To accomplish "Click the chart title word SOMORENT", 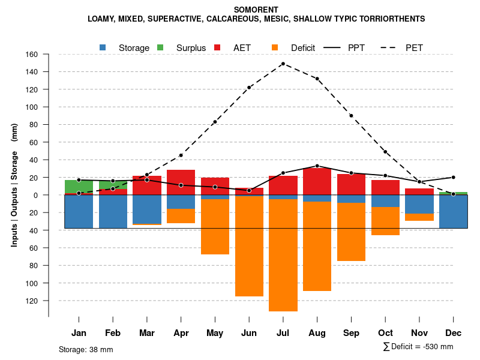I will (x=256, y=10).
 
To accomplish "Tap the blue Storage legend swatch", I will (x=103, y=47).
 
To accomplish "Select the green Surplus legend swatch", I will (x=160, y=47).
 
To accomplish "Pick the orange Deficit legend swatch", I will (x=275, y=47).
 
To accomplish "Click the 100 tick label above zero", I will (x=31, y=107).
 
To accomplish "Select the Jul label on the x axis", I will (x=283, y=333).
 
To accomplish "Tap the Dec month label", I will (x=454, y=333).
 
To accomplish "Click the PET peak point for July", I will (x=283, y=64).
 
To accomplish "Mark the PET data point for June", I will (x=249, y=88).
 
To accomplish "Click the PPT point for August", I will (x=317, y=166).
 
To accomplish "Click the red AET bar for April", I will (x=181, y=182).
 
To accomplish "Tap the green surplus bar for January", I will (x=79, y=186).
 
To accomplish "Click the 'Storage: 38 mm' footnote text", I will (x=86, y=349).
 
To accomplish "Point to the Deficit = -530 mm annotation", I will (x=418, y=347).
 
